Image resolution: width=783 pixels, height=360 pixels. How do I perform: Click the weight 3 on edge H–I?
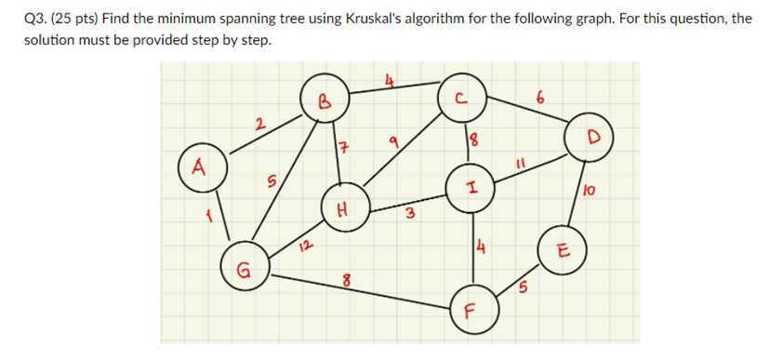(x=408, y=218)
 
